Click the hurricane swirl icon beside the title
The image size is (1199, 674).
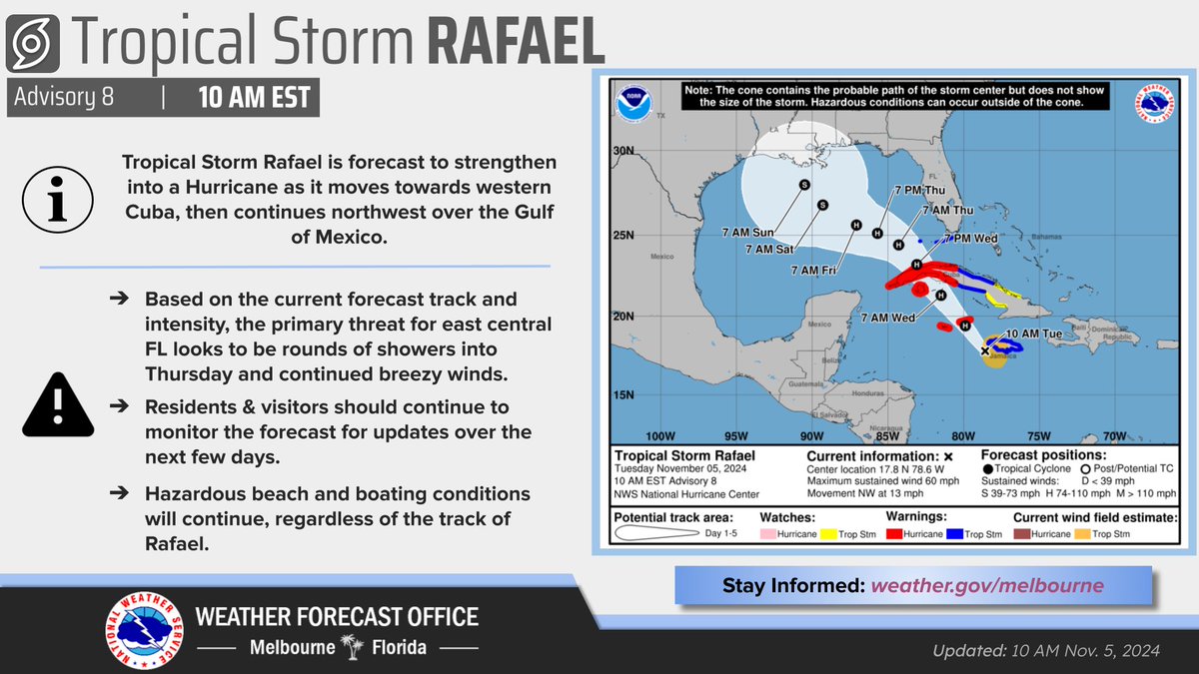38,46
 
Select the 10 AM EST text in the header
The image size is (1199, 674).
253,98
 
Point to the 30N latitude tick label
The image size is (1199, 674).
624,151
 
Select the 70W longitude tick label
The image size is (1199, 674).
1114,436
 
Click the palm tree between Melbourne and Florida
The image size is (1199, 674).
350,647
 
